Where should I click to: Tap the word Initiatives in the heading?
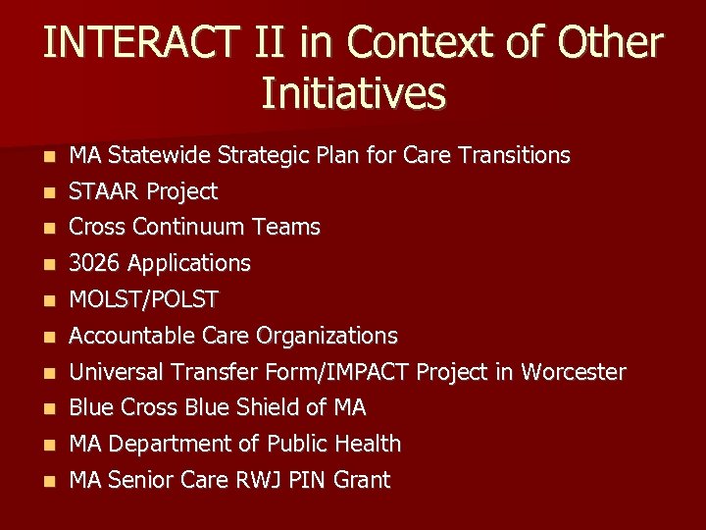pos(353,94)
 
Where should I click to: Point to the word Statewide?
pos(160,155)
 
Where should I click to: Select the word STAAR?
pos(103,191)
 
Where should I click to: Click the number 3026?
pos(95,263)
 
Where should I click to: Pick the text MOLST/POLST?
pos(144,299)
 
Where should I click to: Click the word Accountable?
pos(132,336)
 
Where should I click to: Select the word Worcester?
pos(573,372)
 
